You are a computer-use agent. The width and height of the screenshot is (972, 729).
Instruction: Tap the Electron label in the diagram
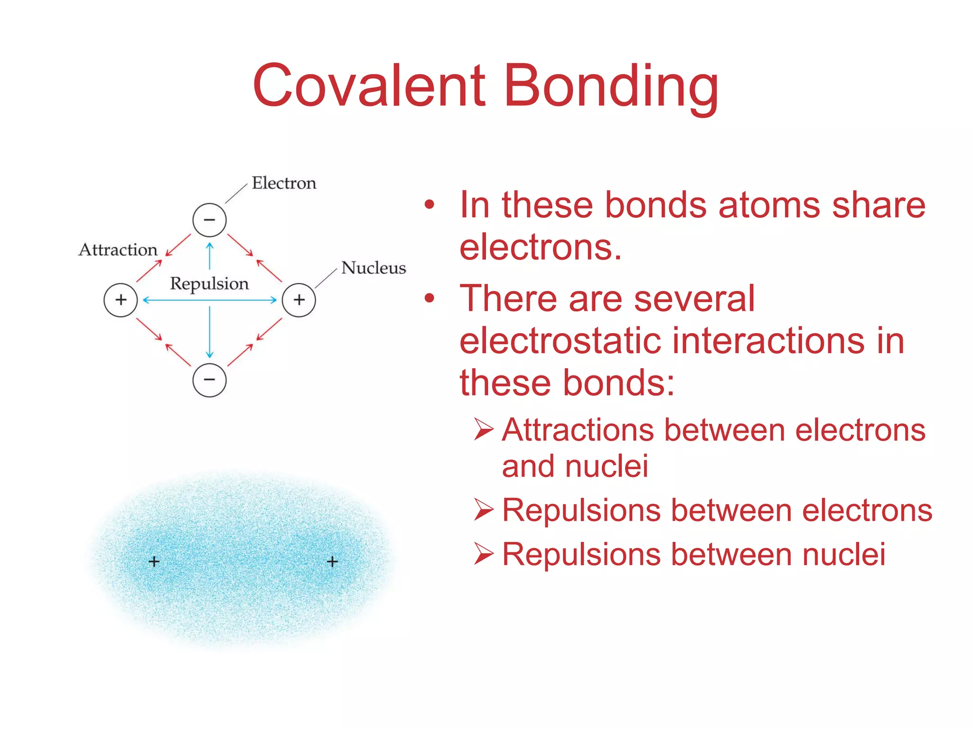coord(284,183)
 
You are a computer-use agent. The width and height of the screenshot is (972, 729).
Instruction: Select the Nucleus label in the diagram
coord(374,268)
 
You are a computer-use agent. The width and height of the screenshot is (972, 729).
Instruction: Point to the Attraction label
coord(118,250)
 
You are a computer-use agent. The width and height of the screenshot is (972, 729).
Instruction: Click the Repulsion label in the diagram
coord(209,283)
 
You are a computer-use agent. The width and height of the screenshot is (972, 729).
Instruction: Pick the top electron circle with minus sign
coord(209,220)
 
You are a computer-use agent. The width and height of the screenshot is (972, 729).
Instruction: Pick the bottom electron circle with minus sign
coord(209,380)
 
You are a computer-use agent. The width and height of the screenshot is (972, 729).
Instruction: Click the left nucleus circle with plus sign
coord(121,300)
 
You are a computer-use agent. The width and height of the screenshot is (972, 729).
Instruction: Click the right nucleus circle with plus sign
coord(299,300)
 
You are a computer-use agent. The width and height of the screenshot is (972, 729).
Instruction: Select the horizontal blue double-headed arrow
coord(209,300)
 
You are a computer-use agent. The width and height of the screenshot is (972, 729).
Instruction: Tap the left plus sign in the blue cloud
coord(154,562)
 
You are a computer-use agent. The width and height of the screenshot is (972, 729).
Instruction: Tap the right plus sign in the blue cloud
coord(332,562)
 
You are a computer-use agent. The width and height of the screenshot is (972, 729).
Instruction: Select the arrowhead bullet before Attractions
coord(484,430)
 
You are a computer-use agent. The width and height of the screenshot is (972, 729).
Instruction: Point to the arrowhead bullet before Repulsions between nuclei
coord(484,554)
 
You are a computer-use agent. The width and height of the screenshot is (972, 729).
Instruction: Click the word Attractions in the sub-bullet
coord(577,430)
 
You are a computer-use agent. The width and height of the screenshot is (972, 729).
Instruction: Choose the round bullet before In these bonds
coord(430,205)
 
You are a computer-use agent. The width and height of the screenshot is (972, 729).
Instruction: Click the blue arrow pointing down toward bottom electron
coord(209,332)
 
